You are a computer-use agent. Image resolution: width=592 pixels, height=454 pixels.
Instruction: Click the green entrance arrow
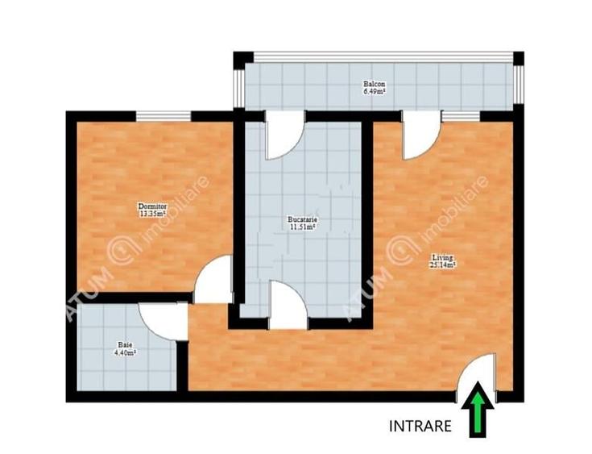[x=478, y=414]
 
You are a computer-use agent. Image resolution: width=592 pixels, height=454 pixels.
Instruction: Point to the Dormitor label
[x=152, y=207]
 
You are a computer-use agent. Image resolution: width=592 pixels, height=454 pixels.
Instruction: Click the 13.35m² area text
[x=152, y=215]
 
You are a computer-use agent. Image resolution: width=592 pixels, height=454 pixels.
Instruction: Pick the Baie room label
[x=124, y=344]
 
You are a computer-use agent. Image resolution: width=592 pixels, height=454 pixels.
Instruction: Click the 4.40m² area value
[x=124, y=352]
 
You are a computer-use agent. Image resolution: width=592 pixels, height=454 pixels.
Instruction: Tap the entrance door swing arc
[x=475, y=375]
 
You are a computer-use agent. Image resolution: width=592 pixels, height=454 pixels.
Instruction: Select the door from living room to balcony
[x=420, y=135]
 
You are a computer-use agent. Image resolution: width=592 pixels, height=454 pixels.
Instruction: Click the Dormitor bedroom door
[x=214, y=280]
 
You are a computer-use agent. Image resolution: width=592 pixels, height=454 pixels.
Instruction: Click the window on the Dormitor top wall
[x=164, y=115]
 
